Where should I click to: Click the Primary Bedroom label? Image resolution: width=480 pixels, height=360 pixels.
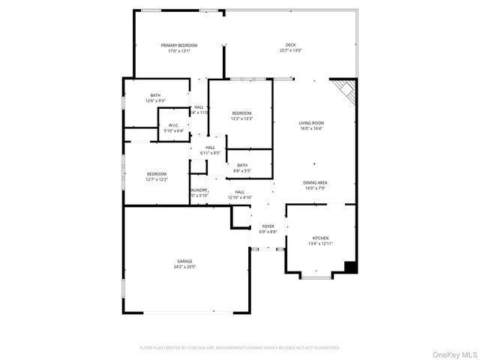point(178,48)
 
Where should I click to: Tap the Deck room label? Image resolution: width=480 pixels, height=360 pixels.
point(290,48)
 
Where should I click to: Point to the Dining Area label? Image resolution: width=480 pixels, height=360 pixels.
point(315,185)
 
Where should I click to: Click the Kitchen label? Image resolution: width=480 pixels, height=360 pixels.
point(320,241)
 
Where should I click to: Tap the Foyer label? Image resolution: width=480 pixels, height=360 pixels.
point(268,229)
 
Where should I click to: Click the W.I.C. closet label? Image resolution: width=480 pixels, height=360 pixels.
point(173,127)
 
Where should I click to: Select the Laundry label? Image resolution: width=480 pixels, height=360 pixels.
point(199,193)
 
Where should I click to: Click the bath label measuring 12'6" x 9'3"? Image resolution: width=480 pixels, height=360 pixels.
point(155,97)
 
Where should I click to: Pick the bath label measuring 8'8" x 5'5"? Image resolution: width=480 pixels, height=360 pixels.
point(242,168)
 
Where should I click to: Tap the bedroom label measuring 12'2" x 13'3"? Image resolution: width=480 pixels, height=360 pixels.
point(241,115)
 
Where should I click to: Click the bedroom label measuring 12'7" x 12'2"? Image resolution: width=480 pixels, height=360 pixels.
point(156,176)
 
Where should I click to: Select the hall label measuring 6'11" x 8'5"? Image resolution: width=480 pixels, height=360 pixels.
point(210,150)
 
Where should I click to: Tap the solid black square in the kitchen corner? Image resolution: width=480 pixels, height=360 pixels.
point(349,266)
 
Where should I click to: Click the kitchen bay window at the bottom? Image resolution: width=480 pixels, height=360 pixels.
point(316,277)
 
